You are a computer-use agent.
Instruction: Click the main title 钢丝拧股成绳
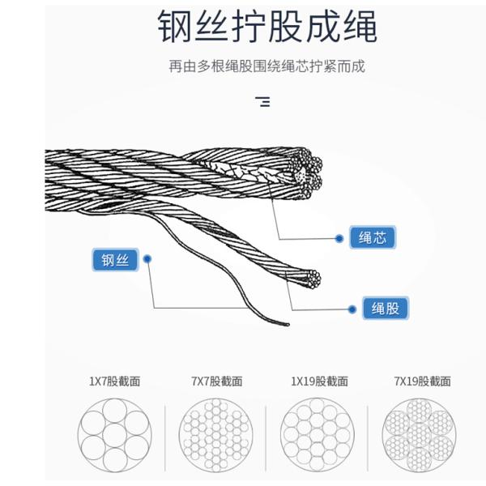click(x=267, y=26)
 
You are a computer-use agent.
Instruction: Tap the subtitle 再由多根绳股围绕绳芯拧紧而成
click(x=266, y=66)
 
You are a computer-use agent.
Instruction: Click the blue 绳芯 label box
click(x=373, y=237)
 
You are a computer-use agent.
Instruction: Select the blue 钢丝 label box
click(x=115, y=260)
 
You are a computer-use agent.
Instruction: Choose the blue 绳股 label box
click(x=386, y=308)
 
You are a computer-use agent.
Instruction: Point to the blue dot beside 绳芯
click(x=339, y=238)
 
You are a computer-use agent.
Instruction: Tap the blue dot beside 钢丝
click(x=148, y=258)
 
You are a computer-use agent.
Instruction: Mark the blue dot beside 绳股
click(x=352, y=309)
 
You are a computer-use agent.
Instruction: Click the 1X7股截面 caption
click(x=115, y=382)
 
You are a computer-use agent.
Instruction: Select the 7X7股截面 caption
click(x=216, y=382)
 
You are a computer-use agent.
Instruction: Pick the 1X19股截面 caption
click(x=320, y=382)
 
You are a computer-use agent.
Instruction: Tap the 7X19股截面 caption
click(x=423, y=382)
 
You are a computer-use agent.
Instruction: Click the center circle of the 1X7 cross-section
click(x=115, y=436)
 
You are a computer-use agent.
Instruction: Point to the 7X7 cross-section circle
click(x=216, y=436)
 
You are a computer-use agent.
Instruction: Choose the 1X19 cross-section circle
click(x=317, y=436)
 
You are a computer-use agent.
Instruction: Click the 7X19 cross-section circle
click(x=419, y=436)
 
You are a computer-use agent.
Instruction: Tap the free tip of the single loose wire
click(x=288, y=325)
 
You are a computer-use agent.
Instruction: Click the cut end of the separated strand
click(x=313, y=279)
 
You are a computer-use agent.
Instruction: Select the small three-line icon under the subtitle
click(x=262, y=102)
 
